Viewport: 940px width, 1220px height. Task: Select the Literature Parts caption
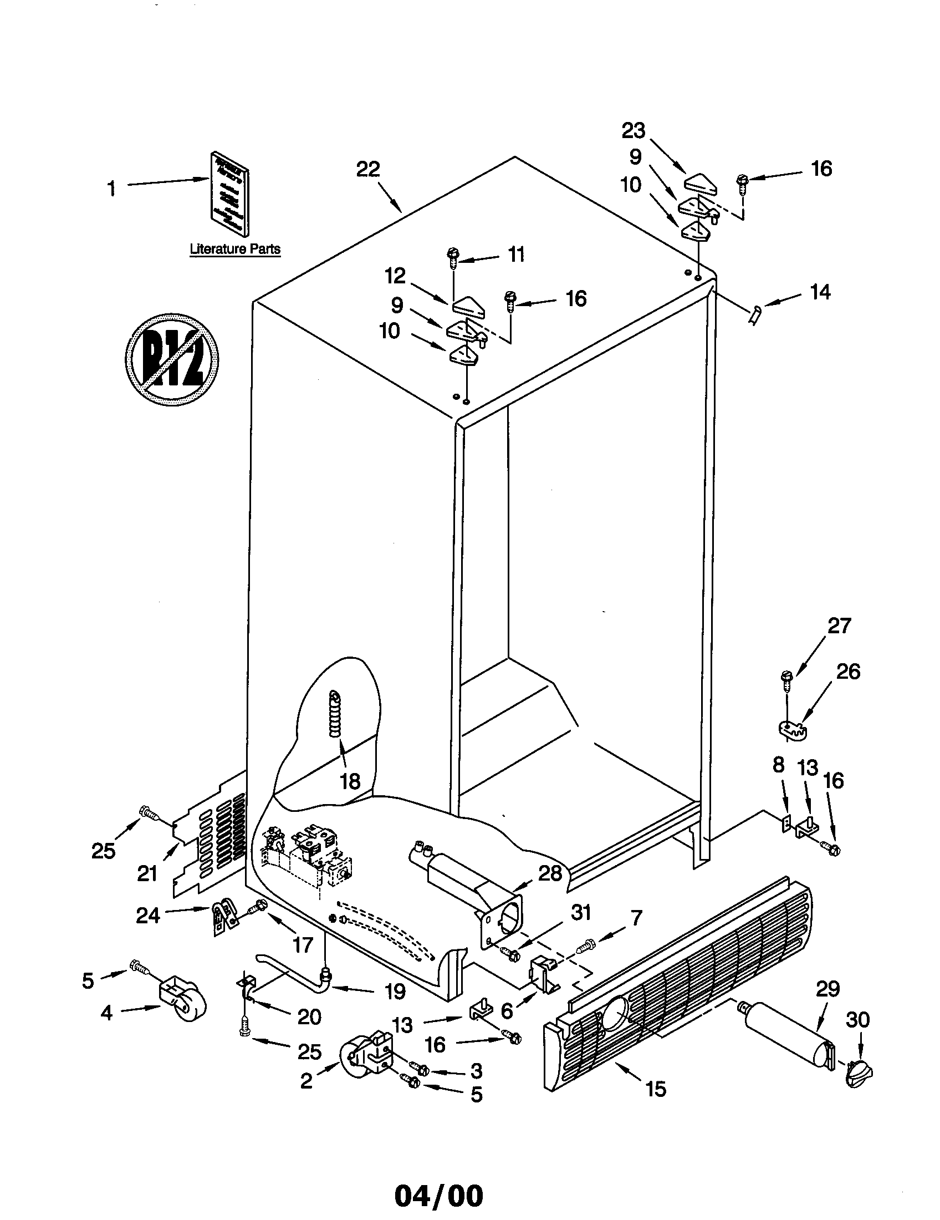[235, 249]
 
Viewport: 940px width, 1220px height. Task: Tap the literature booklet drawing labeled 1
[229, 193]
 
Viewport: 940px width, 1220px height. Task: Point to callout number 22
[368, 169]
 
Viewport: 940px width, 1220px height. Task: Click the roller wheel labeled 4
[182, 1007]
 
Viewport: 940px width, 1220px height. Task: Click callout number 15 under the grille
[656, 1089]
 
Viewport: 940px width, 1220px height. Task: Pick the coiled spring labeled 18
[335, 714]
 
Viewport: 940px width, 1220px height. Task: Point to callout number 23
[634, 131]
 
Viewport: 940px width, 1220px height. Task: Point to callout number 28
[550, 872]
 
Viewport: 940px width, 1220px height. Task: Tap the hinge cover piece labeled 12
[468, 306]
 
